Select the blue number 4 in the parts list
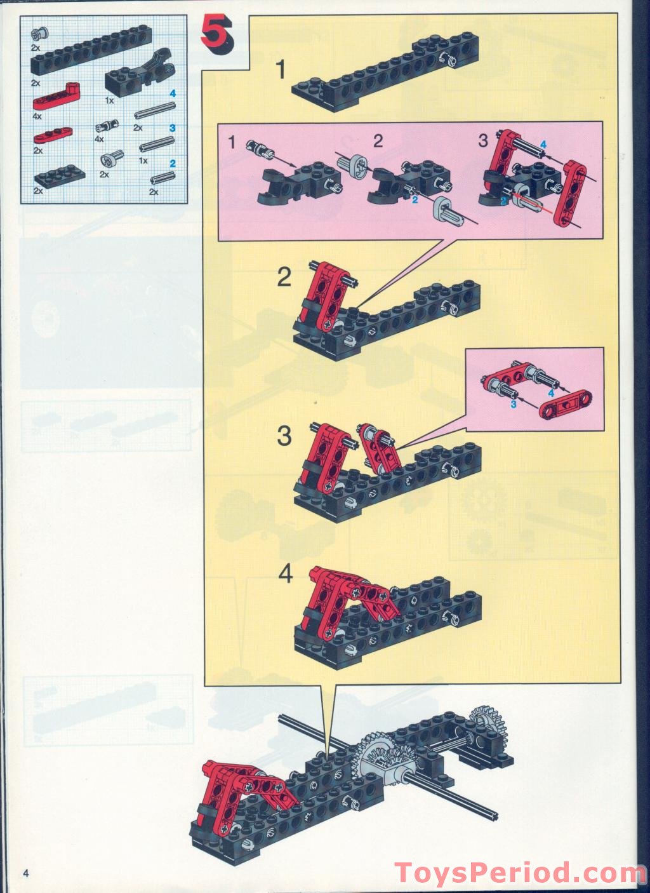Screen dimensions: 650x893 (x=172, y=94)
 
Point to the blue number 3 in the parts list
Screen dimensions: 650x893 (x=172, y=128)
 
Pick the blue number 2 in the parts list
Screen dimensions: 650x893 (x=173, y=164)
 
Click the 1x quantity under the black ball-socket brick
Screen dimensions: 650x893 (x=110, y=101)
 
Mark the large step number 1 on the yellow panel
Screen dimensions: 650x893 (x=281, y=70)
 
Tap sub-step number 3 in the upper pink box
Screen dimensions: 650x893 (x=483, y=141)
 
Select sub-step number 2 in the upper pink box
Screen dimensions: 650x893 (x=378, y=141)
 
